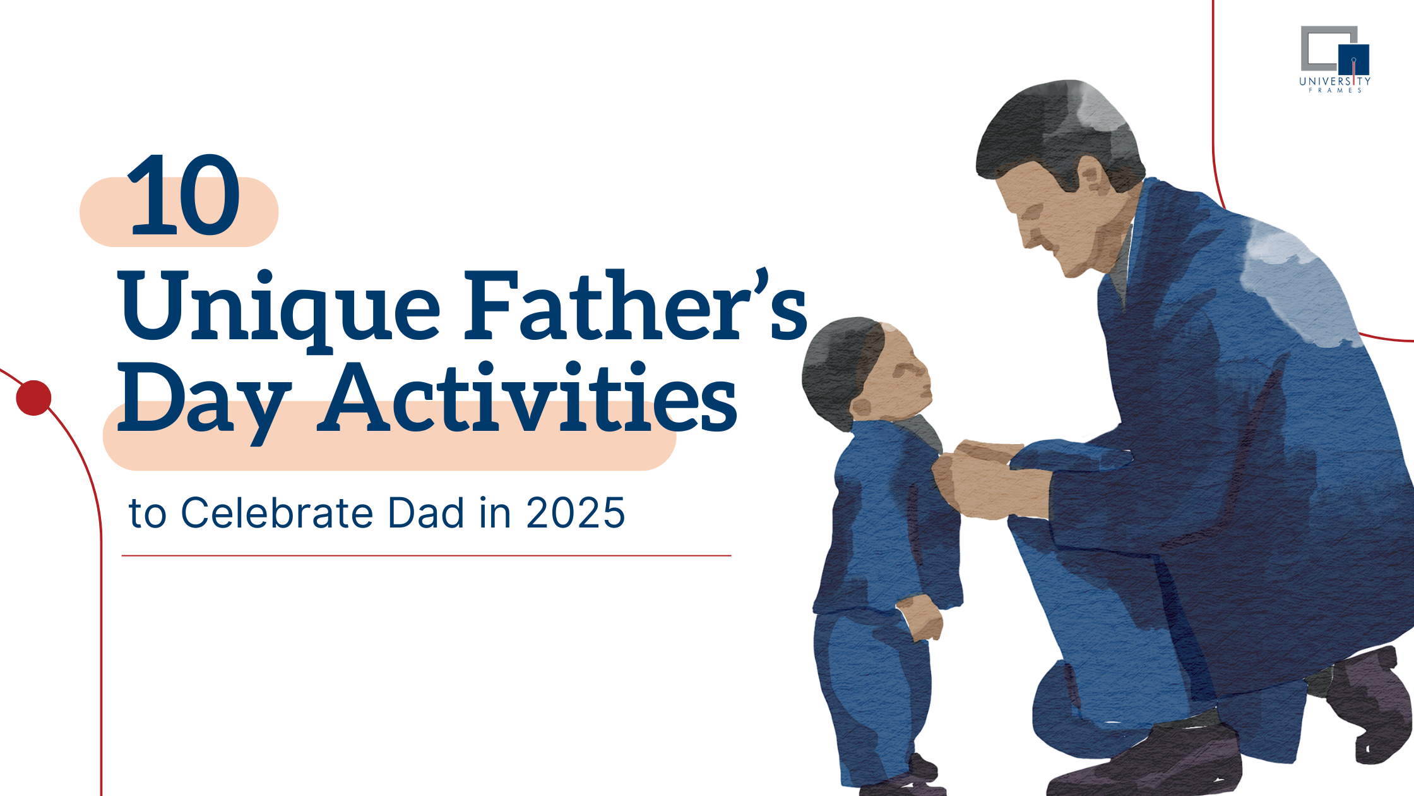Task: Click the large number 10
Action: tap(184, 195)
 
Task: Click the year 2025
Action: tap(575, 512)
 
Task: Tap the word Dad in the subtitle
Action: tap(425, 512)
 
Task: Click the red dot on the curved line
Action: tap(33, 398)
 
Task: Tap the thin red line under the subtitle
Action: tap(426, 556)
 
